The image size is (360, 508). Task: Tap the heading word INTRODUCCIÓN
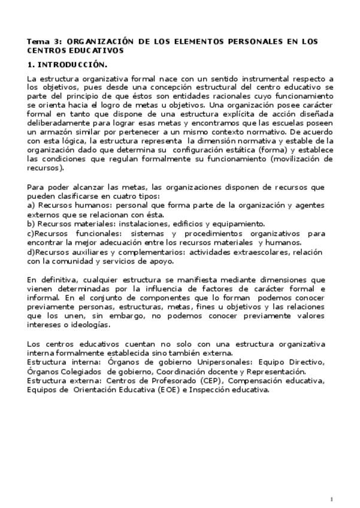pos(72,65)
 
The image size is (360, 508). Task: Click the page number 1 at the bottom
pos(331,499)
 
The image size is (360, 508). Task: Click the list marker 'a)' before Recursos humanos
pos(31,205)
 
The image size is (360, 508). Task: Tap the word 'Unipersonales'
pos(228,362)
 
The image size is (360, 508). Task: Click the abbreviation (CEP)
pos(206,380)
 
